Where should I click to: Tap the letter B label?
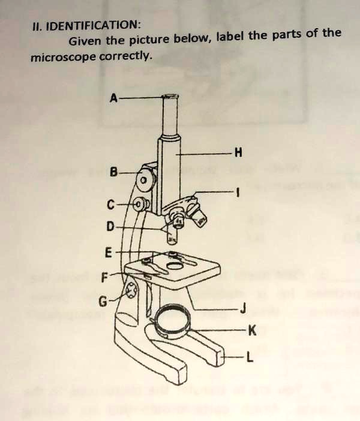113,172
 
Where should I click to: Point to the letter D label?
109,227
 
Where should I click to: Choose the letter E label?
108,252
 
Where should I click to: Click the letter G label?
103,302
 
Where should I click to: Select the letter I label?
238,193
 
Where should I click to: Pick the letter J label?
242,309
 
